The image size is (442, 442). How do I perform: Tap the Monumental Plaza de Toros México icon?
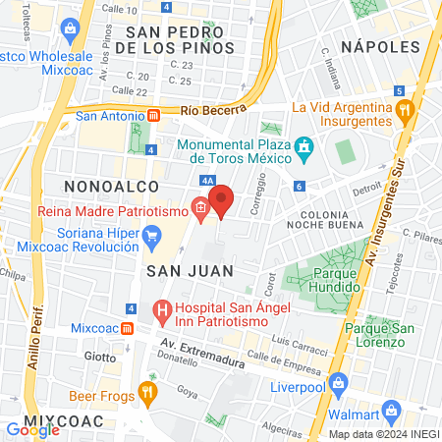point(304,145)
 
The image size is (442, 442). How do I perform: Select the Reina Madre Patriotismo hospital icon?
point(199,207)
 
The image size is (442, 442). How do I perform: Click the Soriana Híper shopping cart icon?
point(151,235)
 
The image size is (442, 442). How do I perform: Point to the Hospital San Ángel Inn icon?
point(162,313)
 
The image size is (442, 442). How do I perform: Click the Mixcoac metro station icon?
point(130,327)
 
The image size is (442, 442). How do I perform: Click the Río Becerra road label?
point(212,112)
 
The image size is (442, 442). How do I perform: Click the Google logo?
point(32,429)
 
